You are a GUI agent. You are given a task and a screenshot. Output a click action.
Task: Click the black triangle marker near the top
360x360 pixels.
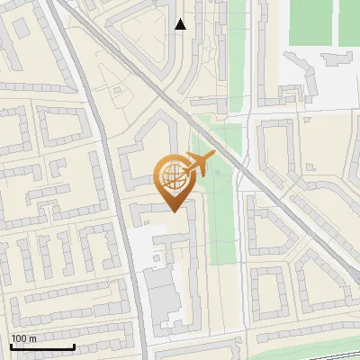(181, 24)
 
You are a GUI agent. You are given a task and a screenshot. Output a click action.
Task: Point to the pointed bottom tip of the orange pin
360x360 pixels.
(173, 211)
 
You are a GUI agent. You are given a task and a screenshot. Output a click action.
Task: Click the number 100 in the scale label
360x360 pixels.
(19, 338)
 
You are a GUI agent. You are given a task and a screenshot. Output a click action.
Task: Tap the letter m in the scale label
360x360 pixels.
(32, 338)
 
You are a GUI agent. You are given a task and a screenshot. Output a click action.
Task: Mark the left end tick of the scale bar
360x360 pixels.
(12, 345)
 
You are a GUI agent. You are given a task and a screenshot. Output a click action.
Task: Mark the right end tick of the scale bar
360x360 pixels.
(74, 345)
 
